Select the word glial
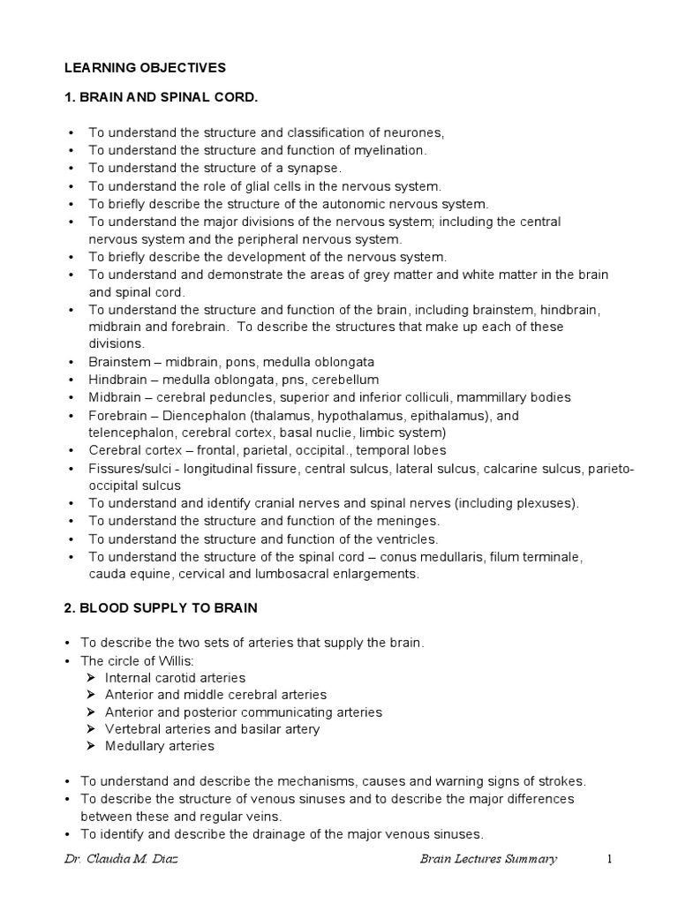coord(269,186)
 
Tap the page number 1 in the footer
coord(608,859)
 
